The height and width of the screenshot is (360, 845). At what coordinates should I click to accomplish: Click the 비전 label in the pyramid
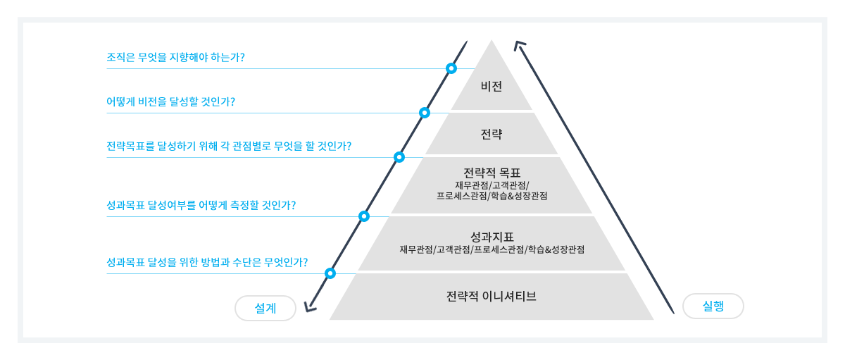click(492, 87)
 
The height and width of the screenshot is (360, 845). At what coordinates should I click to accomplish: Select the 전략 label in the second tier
click(492, 134)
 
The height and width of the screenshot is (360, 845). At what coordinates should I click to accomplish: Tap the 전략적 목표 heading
click(492, 173)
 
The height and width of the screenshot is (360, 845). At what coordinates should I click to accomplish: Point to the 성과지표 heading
click(492, 237)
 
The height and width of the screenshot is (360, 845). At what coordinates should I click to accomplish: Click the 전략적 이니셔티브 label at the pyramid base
click(492, 296)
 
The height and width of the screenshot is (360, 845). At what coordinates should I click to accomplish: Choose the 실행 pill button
click(713, 306)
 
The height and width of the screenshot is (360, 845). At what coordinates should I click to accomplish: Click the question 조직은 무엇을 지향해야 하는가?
click(176, 57)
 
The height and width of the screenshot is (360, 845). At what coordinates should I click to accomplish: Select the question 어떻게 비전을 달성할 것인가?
click(171, 101)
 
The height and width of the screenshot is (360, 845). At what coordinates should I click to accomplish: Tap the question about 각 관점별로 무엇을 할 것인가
click(229, 146)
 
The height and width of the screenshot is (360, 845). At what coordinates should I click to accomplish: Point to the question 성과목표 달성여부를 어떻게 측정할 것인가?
click(201, 205)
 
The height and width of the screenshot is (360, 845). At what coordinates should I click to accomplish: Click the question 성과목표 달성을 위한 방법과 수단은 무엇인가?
click(207, 262)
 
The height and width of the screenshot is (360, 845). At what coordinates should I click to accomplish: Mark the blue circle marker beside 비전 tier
click(451, 68)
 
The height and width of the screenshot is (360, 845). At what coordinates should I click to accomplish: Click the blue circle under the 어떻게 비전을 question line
click(425, 113)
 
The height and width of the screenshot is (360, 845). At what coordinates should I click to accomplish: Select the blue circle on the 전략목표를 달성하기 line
click(399, 157)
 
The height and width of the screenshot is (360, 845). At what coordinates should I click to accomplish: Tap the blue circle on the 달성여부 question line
click(363, 216)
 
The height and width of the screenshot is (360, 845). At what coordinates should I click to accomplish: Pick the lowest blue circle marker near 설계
click(330, 273)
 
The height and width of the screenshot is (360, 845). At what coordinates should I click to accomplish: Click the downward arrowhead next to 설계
click(310, 309)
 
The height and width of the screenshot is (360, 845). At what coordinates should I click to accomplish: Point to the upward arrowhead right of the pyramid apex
click(519, 44)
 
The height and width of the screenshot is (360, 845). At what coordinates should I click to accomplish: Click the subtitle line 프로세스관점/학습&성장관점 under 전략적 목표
click(492, 196)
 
